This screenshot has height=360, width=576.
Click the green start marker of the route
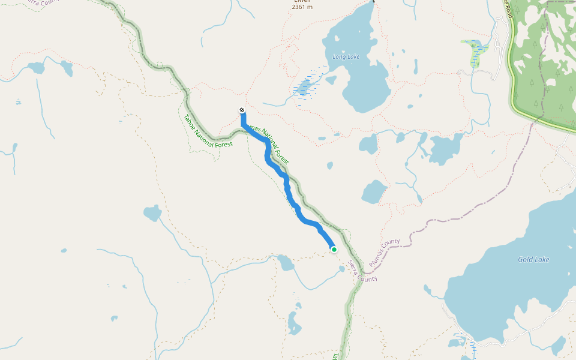[x=334, y=250]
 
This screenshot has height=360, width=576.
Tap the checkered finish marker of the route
[x=242, y=110]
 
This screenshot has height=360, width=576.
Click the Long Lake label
[x=346, y=57]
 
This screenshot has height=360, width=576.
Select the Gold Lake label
[x=533, y=259]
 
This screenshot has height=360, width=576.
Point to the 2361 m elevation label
[x=302, y=7]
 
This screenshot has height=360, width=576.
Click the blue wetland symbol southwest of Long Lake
[x=304, y=87]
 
